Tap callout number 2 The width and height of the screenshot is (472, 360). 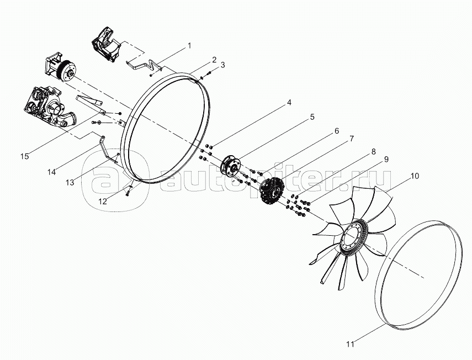213,59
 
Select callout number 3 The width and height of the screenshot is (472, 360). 222,65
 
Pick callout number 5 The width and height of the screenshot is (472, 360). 312,117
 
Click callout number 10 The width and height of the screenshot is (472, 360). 415,176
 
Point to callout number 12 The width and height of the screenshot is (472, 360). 102,202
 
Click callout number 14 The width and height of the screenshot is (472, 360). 52,172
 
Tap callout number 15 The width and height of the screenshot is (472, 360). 24,157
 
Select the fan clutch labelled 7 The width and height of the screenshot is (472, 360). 272,192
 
